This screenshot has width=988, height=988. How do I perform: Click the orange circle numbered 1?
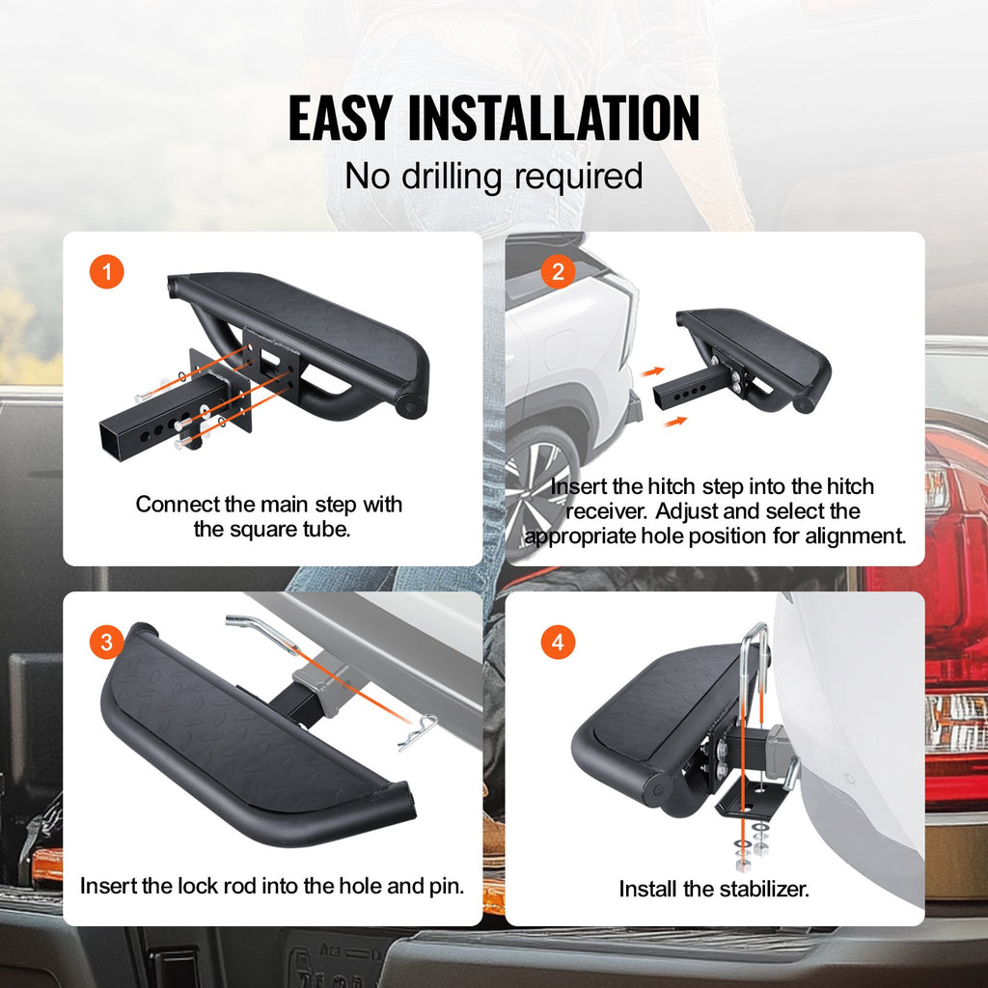(106, 271)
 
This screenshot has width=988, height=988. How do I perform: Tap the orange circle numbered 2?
(558, 271)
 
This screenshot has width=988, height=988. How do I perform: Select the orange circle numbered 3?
(106, 642)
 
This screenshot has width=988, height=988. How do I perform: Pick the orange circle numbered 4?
(558, 642)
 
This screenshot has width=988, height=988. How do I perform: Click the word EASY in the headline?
(340, 118)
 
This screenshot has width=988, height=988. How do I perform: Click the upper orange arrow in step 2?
(653, 371)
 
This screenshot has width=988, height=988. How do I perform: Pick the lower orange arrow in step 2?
(674, 422)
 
